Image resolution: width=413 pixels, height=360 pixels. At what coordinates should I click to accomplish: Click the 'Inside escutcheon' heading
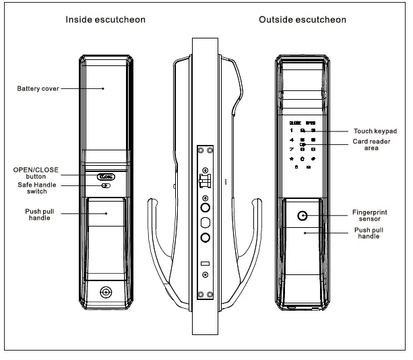(x=105, y=20)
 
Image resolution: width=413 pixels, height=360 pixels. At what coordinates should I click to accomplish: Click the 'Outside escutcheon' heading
(x=303, y=20)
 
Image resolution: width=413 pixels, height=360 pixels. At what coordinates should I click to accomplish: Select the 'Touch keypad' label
(x=375, y=131)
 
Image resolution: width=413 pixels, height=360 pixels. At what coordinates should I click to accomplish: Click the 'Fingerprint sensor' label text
(x=370, y=215)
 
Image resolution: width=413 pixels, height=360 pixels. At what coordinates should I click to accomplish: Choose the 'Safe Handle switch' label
(x=36, y=187)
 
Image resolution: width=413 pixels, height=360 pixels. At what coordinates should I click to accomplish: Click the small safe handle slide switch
(x=106, y=186)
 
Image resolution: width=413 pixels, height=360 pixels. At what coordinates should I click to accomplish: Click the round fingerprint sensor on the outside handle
(x=303, y=216)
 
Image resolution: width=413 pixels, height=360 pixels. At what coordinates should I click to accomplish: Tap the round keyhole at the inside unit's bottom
(x=106, y=293)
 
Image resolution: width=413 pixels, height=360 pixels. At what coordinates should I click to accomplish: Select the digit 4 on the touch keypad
(x=291, y=140)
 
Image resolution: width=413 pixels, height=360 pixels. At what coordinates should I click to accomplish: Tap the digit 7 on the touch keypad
(x=291, y=149)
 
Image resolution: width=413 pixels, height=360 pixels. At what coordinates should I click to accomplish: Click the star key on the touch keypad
(x=291, y=158)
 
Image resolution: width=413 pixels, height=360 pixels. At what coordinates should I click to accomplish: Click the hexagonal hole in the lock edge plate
(x=206, y=222)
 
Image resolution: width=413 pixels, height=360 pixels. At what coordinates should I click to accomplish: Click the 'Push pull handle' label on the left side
(x=38, y=214)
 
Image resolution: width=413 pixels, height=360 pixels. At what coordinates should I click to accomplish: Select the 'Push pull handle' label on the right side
(x=369, y=233)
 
